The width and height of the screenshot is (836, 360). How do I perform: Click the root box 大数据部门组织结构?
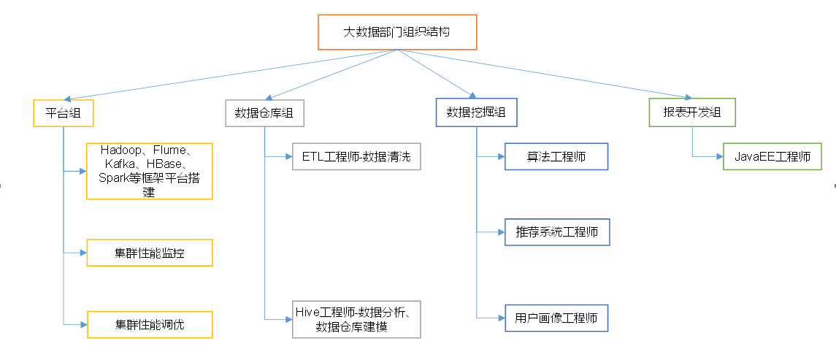pyautogui.click(x=397, y=32)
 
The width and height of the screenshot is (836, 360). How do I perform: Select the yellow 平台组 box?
pyautogui.click(x=63, y=112)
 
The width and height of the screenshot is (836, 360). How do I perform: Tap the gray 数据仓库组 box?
pyautogui.click(x=264, y=112)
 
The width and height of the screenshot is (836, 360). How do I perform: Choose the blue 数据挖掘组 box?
pyautogui.click(x=476, y=112)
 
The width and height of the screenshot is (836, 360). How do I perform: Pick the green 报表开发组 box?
pyautogui.click(x=691, y=112)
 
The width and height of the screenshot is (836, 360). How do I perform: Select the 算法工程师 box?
pyautogui.click(x=556, y=156)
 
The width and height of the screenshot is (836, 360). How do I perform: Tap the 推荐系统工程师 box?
pyautogui.click(x=556, y=232)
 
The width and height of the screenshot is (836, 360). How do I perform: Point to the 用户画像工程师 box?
pyautogui.click(x=556, y=318)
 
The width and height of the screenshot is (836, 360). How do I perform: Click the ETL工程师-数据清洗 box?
pyautogui.click(x=356, y=156)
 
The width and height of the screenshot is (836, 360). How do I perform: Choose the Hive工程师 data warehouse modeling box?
pyautogui.click(x=356, y=318)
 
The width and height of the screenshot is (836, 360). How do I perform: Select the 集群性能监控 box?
pyautogui.click(x=149, y=253)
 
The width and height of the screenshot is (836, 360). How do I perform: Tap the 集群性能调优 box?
pyautogui.click(x=149, y=324)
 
